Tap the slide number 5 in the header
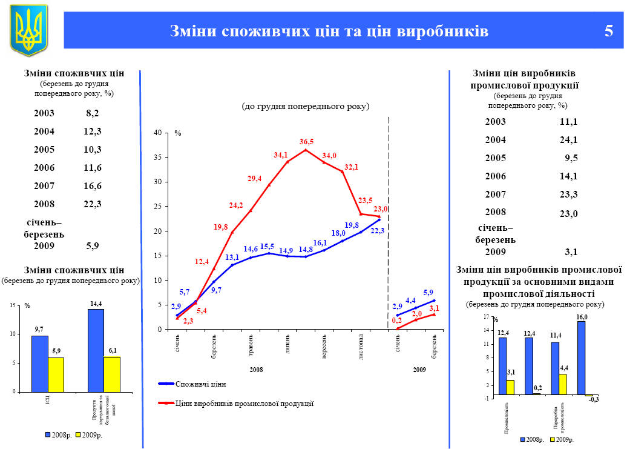click(x=608, y=30)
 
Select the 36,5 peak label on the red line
click(x=306, y=141)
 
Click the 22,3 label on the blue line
click(x=377, y=231)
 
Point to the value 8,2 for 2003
click(x=93, y=113)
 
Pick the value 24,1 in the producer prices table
click(x=568, y=140)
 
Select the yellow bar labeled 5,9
click(x=56, y=374)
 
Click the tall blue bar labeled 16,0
click(x=581, y=358)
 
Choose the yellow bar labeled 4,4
click(x=563, y=384)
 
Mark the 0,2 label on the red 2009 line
click(x=397, y=321)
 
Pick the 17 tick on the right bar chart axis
click(x=486, y=317)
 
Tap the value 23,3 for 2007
click(x=568, y=195)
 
